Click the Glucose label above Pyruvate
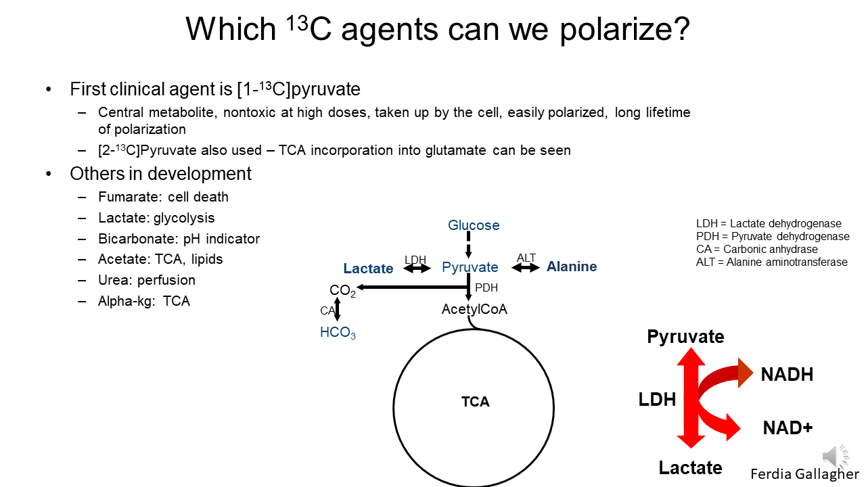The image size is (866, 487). tap(474, 225)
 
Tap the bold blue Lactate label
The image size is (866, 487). tap(368, 269)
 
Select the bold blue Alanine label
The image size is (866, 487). tap(572, 266)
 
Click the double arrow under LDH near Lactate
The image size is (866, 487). tap(417, 269)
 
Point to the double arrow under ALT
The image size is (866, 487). tap(526, 268)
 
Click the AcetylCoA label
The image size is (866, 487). tap(474, 309)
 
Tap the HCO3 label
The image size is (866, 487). tap(338, 333)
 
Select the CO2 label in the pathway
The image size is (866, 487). tap(342, 291)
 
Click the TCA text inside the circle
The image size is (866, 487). tap(475, 402)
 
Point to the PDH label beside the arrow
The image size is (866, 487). tap(486, 287)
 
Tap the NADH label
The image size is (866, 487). tap(787, 375)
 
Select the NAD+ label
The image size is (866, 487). tap(788, 427)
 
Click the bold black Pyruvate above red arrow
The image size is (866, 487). tap(685, 337)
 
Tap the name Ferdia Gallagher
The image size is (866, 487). tap(804, 473)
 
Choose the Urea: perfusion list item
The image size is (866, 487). tap(147, 280)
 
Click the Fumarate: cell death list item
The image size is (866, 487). tap(163, 197)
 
